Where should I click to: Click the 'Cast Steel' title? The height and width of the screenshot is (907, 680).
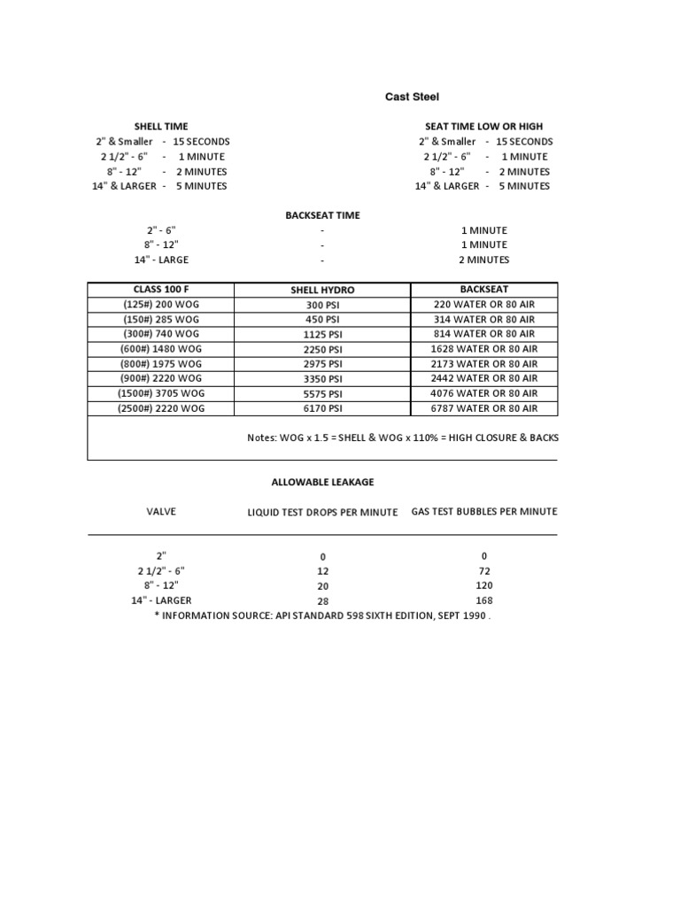(411, 97)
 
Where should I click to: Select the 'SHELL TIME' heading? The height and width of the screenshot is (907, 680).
(160, 127)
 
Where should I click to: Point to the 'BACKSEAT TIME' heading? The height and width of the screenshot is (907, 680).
(322, 215)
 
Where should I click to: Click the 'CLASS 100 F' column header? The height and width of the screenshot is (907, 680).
(160, 290)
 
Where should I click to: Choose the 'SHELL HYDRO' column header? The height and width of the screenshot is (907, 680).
(322, 291)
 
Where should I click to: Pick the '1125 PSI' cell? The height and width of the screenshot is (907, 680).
(322, 335)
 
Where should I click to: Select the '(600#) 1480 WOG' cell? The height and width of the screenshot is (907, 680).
(160, 349)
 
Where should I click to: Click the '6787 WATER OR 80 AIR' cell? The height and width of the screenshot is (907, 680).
(483, 408)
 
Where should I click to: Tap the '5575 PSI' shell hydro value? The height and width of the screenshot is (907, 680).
(322, 394)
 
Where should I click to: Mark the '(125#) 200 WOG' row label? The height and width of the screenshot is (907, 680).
(160, 305)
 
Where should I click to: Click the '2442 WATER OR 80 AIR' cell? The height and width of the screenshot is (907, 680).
(483, 378)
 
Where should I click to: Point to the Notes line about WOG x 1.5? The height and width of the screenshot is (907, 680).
(402, 438)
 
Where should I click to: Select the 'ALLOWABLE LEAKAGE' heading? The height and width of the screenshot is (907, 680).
(322, 482)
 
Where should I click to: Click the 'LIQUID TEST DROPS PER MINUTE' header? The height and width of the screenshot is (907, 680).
(322, 512)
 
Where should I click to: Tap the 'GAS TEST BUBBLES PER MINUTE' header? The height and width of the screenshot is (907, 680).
(483, 511)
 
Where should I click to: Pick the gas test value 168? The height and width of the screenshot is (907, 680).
(483, 600)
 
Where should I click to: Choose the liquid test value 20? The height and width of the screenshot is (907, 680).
(322, 586)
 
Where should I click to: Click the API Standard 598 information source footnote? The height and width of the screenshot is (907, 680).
(322, 616)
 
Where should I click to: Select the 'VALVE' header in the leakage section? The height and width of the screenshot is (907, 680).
(160, 511)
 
